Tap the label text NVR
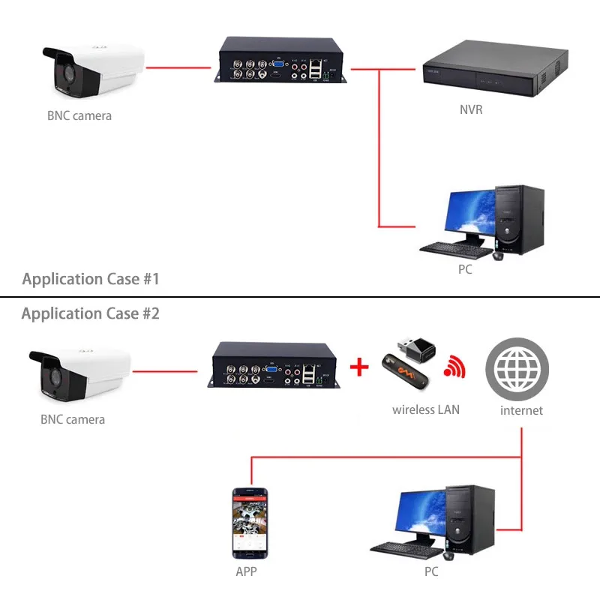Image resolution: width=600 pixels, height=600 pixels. pos(471,110)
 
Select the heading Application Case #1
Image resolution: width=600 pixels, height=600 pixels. pos(91,280)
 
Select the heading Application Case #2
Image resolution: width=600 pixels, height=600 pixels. pos(91,313)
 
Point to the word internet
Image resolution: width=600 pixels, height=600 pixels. pos(521,410)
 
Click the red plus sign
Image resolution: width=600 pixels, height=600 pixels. pos(361,367)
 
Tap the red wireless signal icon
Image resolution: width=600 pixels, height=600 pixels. pos(454,366)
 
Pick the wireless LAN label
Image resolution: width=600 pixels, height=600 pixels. pos(426,409)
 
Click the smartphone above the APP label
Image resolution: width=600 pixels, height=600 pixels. pos(251,523)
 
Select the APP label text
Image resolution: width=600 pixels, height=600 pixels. pos(247,571)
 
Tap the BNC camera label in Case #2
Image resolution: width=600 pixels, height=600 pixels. pos(73,419)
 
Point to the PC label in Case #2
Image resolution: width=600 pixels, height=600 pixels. pos(430,571)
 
